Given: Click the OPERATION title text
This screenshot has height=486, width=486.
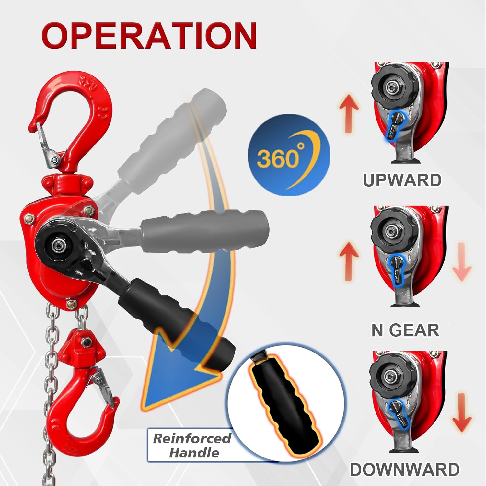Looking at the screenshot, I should point(149,36).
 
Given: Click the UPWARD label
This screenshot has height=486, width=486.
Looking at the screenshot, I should point(402,180).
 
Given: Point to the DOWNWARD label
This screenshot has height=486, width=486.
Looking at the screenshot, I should point(405,469).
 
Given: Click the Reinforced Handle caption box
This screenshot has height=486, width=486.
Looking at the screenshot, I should point(191,445).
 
